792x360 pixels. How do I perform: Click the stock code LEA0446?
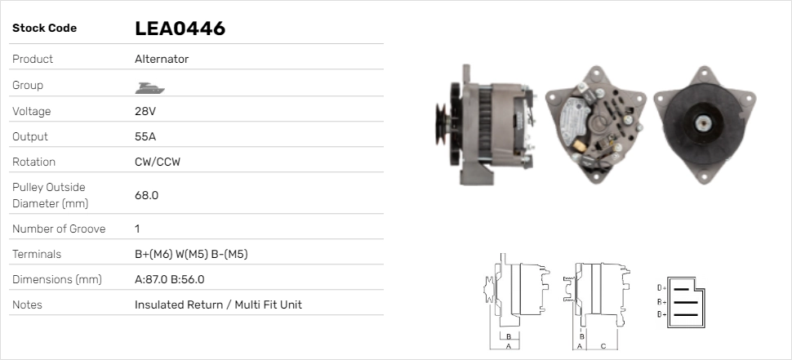[180, 29]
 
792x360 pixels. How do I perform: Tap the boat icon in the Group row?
[149, 88]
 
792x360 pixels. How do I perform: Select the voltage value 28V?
[145, 111]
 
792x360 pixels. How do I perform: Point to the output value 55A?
[145, 137]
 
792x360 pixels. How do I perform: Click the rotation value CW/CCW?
[158, 162]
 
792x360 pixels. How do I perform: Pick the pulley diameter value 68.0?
[146, 195]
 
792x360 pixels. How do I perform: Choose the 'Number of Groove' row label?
[59, 229]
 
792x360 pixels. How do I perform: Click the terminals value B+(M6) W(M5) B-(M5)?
[191, 254]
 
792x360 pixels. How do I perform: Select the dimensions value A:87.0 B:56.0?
[170, 280]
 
